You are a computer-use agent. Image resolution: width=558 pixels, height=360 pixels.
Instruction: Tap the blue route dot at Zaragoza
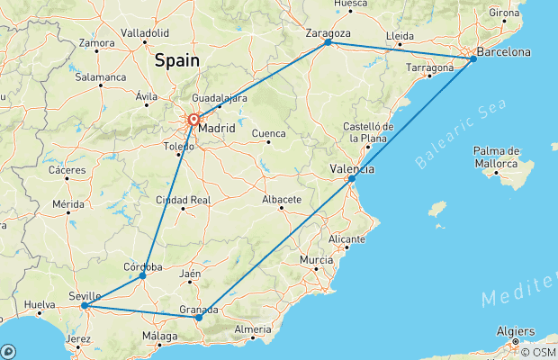pyautogui.click(x=328, y=42)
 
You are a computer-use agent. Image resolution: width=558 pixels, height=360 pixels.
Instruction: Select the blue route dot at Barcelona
pyautogui.click(x=473, y=59)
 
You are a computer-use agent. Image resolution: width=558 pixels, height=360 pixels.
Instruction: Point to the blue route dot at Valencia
pyautogui.click(x=352, y=179)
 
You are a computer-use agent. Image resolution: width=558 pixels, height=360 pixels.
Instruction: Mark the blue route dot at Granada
pyautogui.click(x=199, y=318)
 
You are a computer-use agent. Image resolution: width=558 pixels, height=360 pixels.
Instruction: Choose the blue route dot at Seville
pyautogui.click(x=84, y=305)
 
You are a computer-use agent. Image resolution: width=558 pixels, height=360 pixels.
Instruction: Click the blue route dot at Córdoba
pyautogui.click(x=143, y=276)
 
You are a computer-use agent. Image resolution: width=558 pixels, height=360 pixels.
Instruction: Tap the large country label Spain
pyautogui.click(x=176, y=61)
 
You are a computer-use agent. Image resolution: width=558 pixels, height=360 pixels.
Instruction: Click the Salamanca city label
pyautogui.click(x=100, y=77)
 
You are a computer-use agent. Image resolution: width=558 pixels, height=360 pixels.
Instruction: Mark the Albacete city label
pyautogui.click(x=282, y=199)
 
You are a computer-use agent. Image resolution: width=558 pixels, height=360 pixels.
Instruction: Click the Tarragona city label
pyautogui.click(x=428, y=67)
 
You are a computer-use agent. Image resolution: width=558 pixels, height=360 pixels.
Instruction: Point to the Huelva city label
pyautogui.click(x=40, y=304)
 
